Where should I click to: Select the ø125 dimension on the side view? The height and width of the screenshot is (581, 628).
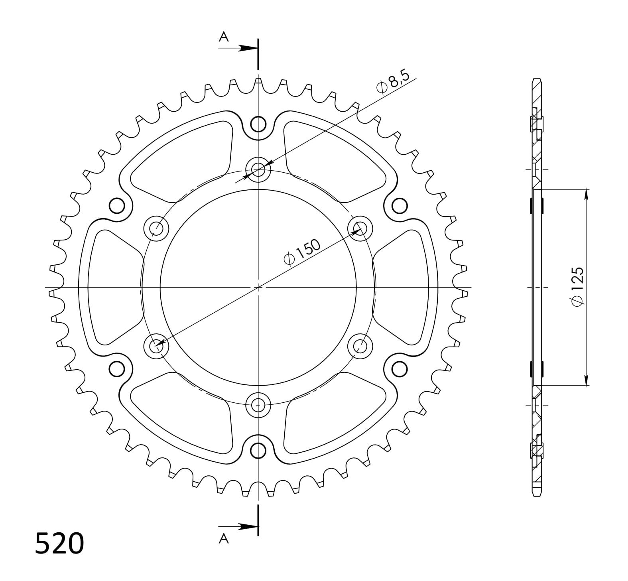(577, 287)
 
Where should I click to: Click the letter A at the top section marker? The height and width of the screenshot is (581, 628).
(224, 37)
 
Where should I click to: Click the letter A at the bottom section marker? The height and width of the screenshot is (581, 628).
(224, 539)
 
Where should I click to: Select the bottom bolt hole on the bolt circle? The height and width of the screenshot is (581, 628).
(258, 405)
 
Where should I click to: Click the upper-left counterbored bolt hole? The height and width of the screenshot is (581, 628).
(156, 228)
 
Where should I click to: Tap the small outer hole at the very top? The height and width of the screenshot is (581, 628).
(258, 124)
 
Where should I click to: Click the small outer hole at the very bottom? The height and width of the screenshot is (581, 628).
(258, 451)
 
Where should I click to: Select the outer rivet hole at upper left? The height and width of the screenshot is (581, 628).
(117, 206)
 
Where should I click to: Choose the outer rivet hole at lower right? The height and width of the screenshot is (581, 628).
(399, 369)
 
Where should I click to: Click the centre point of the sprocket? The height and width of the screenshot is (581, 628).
(258, 287)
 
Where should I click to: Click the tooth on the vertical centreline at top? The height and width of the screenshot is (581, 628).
(258, 83)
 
